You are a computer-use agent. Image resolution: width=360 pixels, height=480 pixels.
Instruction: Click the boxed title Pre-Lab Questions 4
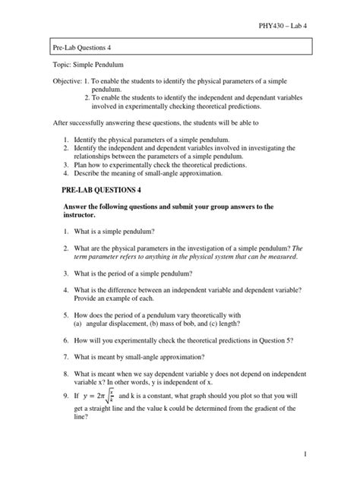83,48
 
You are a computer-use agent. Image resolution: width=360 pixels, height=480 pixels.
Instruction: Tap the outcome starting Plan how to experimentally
171,163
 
